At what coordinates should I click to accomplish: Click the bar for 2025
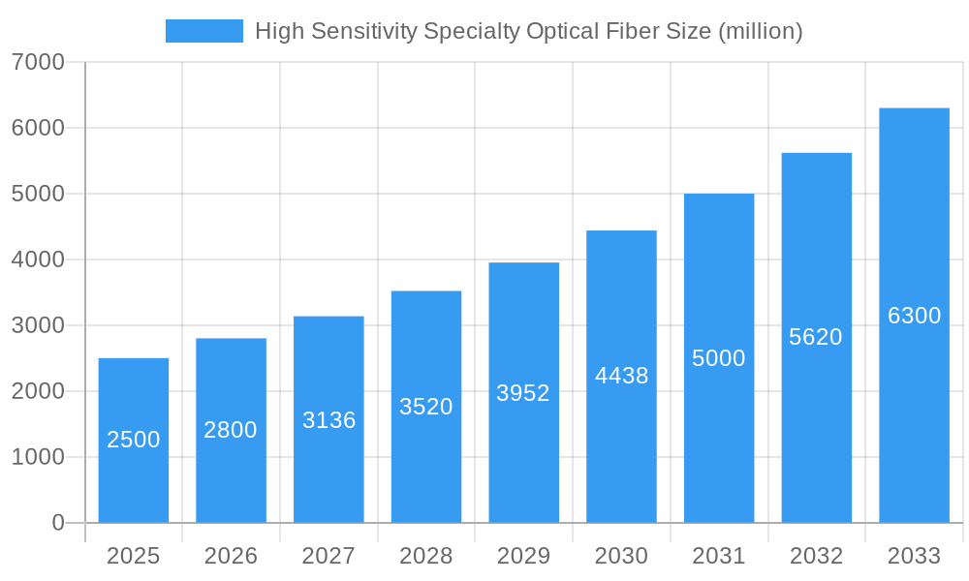pos(134,441)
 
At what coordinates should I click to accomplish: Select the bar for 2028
pos(426,407)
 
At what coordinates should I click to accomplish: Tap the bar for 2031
pos(719,358)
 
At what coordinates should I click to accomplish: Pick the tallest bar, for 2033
pos(914,316)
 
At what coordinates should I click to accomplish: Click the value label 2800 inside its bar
pos(231,430)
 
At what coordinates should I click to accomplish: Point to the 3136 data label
pos(328,420)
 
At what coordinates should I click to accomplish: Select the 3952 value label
pos(523,393)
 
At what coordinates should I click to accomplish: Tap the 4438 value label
pos(621,376)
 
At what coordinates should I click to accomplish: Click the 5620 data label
pos(816,337)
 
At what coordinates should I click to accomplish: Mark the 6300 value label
pos(914,316)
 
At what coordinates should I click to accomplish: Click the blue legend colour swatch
pos(204,31)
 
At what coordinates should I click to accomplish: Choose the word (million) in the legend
pos(760,31)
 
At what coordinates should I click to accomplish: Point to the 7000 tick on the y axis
pos(38,62)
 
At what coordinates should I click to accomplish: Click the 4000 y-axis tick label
pos(38,260)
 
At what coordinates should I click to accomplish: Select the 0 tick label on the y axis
pos(58,523)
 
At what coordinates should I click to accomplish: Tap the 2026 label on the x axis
pos(231,556)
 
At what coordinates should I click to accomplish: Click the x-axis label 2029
pos(523,556)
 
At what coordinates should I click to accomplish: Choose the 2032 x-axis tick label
pos(816,556)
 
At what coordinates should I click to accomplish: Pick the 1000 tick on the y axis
pos(38,457)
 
